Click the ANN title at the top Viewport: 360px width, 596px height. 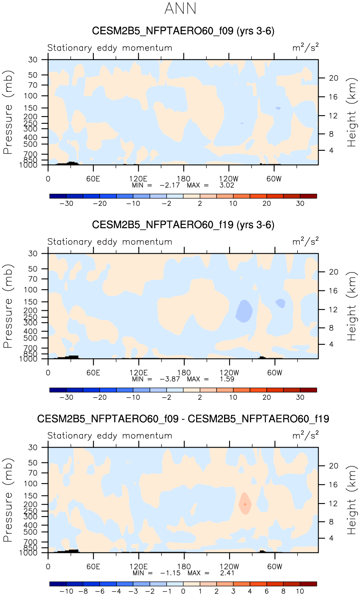[180, 9]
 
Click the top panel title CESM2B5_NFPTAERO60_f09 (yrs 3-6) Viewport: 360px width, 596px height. [183, 31]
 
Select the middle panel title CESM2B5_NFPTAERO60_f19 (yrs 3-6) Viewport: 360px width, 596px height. [183, 225]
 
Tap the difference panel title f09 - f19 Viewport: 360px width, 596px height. [183, 419]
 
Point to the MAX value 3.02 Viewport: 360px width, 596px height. [227, 185]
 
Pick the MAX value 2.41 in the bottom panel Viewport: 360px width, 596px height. [227, 573]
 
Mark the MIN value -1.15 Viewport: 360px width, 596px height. [170, 573]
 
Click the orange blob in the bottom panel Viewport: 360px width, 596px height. [245, 503]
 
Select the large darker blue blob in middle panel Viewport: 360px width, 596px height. [244, 310]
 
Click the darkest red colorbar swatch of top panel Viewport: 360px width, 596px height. [308, 196]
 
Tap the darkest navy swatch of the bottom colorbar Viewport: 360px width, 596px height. [58, 584]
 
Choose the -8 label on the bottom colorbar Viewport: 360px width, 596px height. [83, 591]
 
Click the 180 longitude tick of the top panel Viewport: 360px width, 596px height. [184, 179]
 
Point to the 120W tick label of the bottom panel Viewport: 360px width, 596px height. [229, 566]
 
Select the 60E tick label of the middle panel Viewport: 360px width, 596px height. [93, 373]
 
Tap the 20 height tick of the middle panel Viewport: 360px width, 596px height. [333, 272]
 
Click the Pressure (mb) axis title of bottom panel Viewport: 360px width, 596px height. [8, 500]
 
